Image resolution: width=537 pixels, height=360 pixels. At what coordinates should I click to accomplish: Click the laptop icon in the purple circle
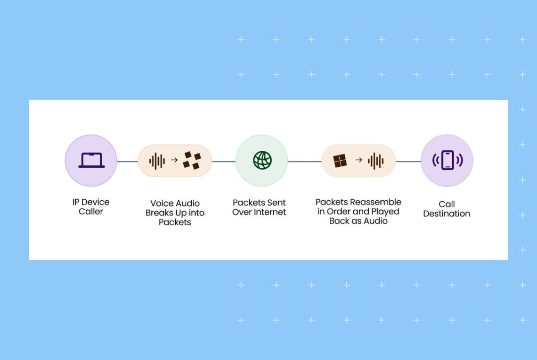[91, 160]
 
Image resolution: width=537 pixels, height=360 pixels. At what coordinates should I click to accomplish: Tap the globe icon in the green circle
[262, 161]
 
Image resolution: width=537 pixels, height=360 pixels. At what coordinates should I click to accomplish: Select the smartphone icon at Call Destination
[447, 161]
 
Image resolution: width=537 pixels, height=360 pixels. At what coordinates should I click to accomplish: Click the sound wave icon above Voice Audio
[157, 161]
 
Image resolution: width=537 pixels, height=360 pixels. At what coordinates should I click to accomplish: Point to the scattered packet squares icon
[192, 161]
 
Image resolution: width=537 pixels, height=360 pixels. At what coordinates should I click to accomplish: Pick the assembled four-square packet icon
[340, 161]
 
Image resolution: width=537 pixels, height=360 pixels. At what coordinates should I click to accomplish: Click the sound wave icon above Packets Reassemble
[375, 161]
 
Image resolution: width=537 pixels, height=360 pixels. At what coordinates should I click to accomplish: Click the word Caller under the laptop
[91, 212]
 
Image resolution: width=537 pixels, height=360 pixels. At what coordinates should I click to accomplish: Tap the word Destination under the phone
[447, 213]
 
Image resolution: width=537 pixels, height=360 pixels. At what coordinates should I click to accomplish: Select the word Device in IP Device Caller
[96, 202]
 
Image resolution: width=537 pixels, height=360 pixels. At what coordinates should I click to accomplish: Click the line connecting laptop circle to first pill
[127, 162]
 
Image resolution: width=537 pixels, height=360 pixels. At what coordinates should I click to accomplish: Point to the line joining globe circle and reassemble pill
[304, 162]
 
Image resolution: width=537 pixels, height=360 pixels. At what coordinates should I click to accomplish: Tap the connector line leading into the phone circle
[408, 162]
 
